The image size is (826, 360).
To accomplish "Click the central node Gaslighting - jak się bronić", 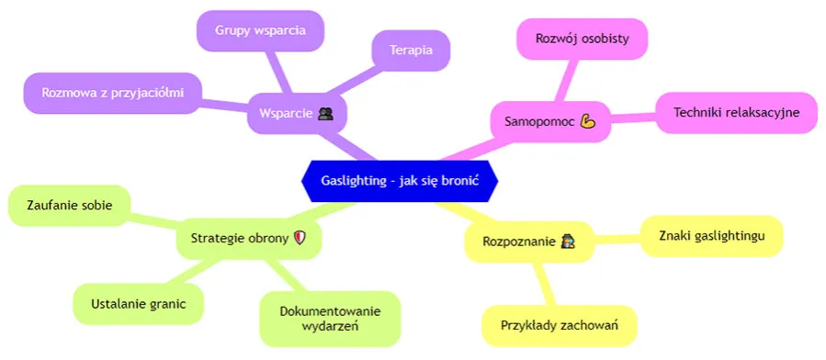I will (400, 180).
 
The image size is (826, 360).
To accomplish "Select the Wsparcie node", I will (291, 115).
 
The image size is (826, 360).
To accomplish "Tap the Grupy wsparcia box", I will (260, 30).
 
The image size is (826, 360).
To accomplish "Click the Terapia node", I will (411, 50).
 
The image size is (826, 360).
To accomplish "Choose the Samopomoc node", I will (545, 121).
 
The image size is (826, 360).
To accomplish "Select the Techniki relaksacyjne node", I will (736, 112).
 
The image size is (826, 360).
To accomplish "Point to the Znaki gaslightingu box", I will (710, 236).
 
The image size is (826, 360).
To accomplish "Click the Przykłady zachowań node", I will (559, 325).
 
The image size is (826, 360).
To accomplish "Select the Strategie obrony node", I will (247, 238).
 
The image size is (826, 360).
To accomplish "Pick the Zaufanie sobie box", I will (70, 206).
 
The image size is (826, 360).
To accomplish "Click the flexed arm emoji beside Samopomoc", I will (589, 121).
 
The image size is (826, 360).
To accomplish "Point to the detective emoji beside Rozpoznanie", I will (569, 242).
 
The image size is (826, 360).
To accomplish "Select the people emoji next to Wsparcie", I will (325, 115).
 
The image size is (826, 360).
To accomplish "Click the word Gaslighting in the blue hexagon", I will (352, 180).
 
